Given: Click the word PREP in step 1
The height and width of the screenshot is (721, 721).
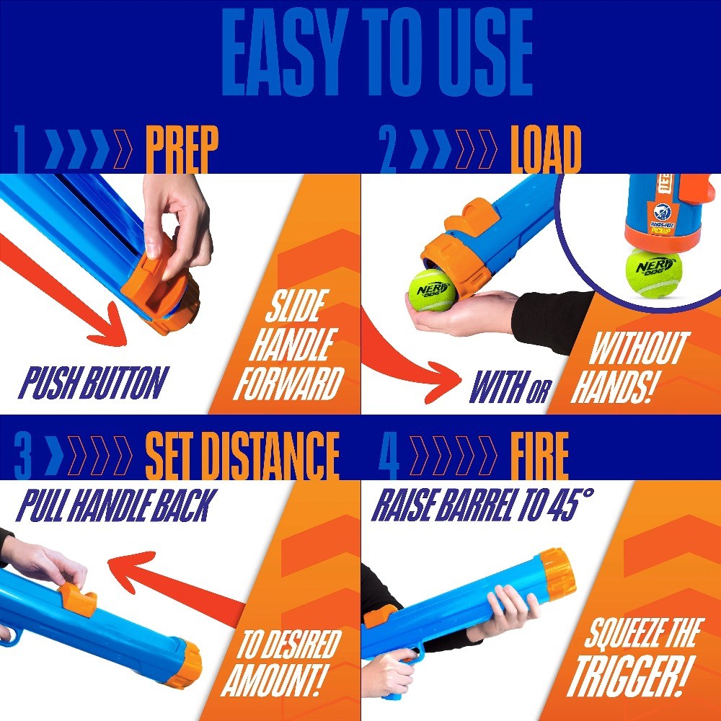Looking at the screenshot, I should tap(181, 151).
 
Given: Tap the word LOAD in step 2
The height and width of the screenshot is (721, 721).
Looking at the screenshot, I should tap(545, 151).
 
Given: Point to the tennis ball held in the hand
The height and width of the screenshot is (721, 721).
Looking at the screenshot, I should tap(432, 291).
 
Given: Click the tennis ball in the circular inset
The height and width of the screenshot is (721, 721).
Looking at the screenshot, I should tap(654, 272).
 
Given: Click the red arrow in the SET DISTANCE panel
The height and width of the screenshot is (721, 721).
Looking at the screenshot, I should tap(173, 577).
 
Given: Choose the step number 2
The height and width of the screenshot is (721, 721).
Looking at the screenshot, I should tap(388, 151).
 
